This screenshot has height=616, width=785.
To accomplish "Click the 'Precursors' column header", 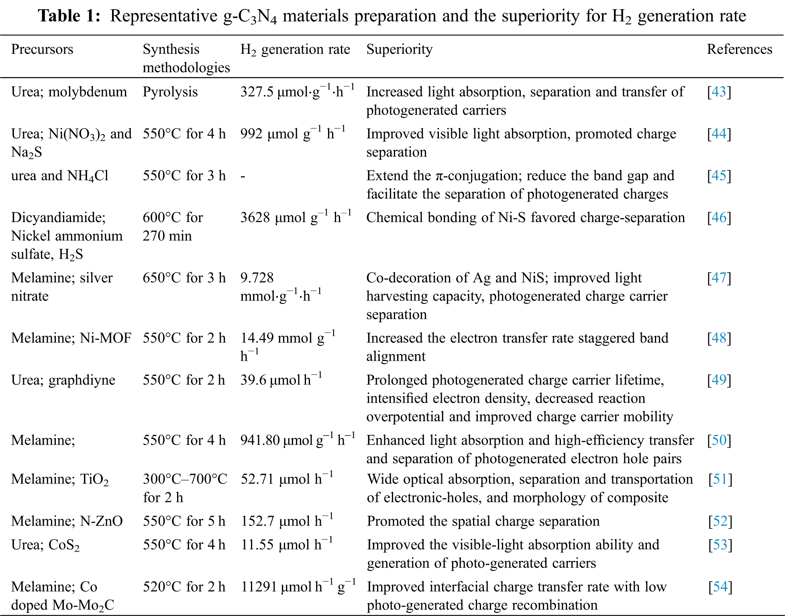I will click(42, 49).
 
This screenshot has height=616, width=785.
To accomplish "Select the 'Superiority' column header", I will click(400, 49).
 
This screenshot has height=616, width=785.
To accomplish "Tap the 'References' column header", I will click(739, 49).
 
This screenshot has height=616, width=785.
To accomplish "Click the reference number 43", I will click(719, 92).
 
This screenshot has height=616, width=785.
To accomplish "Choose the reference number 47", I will click(719, 278).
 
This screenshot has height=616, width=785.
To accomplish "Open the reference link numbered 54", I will click(720, 587).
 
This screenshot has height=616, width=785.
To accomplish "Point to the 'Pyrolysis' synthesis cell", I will click(170, 92).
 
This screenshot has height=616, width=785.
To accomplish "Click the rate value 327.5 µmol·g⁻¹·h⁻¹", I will click(297, 92).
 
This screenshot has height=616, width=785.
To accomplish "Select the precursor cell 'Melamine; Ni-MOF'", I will click(71, 338).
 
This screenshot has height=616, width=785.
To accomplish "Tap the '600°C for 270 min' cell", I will click(173, 226).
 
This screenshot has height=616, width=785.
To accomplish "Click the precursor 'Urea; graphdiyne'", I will click(63, 380).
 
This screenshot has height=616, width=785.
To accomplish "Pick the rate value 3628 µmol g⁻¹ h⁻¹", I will click(296, 218).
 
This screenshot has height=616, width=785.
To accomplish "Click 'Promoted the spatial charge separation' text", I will click(483, 521).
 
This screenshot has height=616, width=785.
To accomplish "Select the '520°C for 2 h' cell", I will click(184, 587).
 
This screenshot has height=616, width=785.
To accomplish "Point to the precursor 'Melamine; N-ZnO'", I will click(67, 521).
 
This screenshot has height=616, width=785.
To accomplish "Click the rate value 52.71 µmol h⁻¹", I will click(287, 479).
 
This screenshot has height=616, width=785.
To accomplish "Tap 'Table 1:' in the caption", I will click(69, 16).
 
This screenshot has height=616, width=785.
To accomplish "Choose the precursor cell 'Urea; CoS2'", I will click(45, 545).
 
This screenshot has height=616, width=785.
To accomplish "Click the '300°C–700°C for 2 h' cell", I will click(185, 488).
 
